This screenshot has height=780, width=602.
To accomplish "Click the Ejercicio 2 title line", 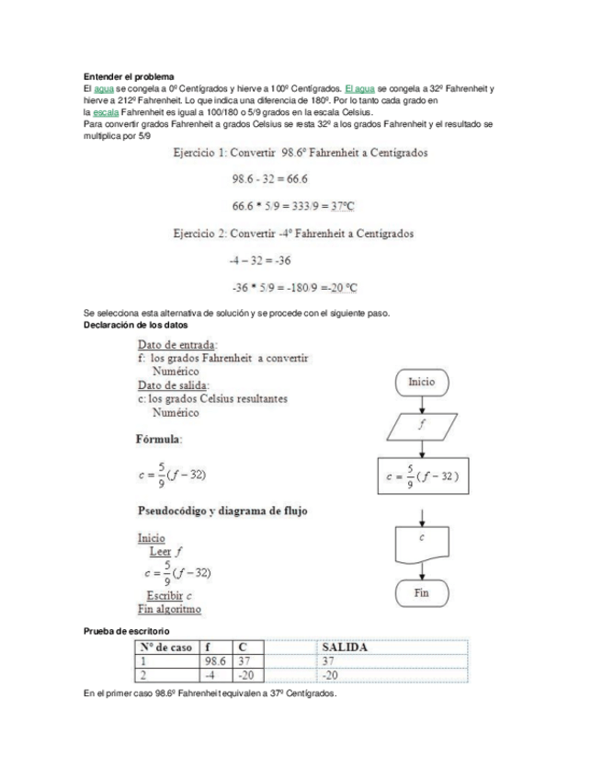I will tap(293, 233).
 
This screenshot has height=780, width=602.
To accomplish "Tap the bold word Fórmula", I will tap(159, 440).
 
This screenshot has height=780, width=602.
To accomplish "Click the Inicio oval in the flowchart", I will tap(422, 382).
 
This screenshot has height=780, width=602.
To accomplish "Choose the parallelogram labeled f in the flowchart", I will tap(422, 426).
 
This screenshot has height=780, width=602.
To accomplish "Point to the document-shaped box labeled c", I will tap(422, 545).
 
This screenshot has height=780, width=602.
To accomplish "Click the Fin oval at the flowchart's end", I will tap(422, 593).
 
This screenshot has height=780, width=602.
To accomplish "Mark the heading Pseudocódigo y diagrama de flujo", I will tap(222, 510).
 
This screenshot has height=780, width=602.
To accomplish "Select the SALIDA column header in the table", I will tap(345, 648).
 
